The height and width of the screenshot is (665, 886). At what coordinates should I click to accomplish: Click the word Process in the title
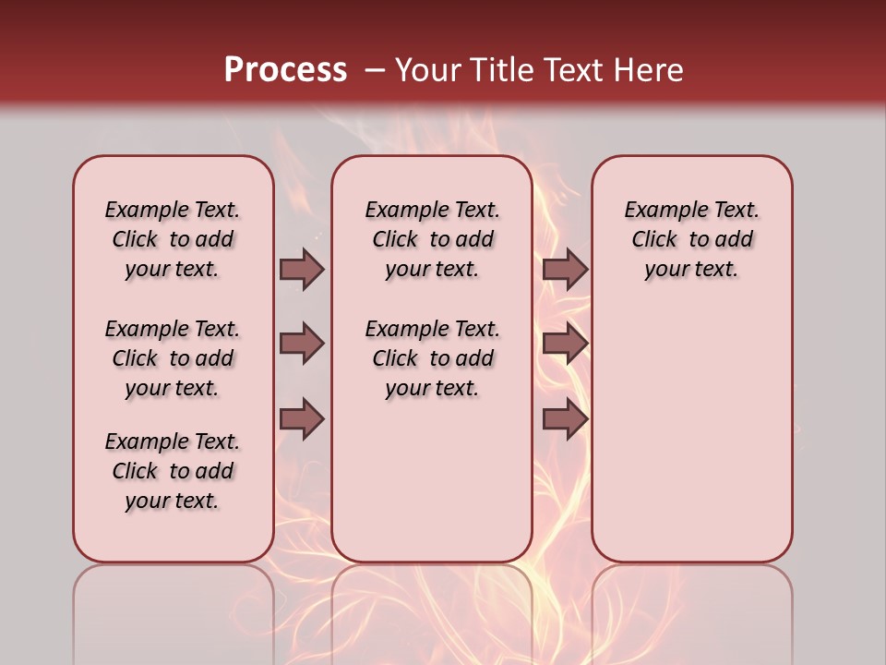coord(285,70)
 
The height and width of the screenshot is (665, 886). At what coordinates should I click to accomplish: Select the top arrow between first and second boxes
coord(302,269)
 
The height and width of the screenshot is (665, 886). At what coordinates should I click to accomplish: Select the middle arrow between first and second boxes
coord(302,344)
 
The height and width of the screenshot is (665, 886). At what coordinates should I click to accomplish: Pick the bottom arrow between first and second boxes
coord(302,419)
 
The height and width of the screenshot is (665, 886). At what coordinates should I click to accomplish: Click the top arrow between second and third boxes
coord(565,269)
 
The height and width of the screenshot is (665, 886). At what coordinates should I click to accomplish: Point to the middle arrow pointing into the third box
coord(565,344)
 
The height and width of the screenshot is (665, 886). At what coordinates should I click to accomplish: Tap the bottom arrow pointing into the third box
coord(565,419)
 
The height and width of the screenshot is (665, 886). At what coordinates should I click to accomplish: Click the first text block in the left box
coord(173,239)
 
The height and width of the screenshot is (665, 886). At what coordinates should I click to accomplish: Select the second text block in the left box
coord(173,358)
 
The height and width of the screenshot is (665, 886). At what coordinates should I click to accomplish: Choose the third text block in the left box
coord(173,471)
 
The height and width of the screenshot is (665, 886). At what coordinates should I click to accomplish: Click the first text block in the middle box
coord(433,239)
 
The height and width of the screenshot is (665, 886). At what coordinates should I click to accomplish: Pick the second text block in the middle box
coord(433,358)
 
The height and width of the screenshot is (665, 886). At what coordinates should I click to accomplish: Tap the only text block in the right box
coord(692,239)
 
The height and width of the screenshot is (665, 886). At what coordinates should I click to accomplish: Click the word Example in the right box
coord(660,211)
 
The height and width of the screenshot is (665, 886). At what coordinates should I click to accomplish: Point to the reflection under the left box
coord(174,610)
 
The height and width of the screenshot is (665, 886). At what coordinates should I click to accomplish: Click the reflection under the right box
coord(692,610)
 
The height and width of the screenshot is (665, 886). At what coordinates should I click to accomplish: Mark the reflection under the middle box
coord(432,610)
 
